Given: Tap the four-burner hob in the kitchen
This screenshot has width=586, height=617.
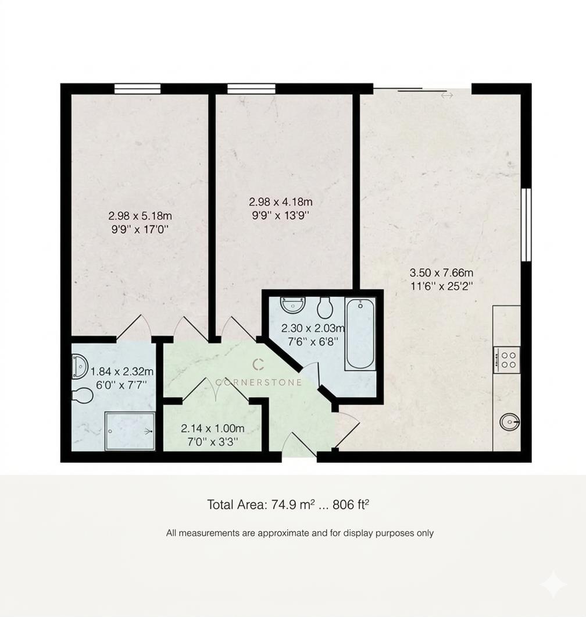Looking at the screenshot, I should pyautogui.click(x=506, y=359).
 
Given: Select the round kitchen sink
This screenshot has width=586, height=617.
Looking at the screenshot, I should pyautogui.click(x=510, y=421).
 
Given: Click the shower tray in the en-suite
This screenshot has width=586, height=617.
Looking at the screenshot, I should pyautogui.click(x=130, y=431).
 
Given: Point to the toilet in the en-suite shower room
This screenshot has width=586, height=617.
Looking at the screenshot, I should pyautogui.click(x=82, y=396).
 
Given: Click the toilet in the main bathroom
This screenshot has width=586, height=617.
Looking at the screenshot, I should pyautogui.click(x=324, y=306).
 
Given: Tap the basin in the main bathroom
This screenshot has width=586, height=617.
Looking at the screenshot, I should pyautogui.click(x=292, y=304).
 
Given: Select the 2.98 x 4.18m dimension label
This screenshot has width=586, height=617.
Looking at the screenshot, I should pyautogui.click(x=281, y=208).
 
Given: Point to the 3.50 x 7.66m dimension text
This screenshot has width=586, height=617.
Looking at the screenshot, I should pyautogui.click(x=441, y=279).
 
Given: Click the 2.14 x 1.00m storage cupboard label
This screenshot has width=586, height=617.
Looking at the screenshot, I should pyautogui.click(x=212, y=435).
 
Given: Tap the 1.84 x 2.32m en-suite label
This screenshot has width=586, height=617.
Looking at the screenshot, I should pyautogui.click(x=122, y=378).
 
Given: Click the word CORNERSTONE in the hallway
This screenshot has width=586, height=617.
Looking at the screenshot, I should pyautogui.click(x=259, y=382).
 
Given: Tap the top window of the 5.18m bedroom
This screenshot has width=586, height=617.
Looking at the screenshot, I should pyautogui.click(x=137, y=88).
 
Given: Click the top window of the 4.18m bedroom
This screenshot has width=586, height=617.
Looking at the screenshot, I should pyautogui.click(x=251, y=88).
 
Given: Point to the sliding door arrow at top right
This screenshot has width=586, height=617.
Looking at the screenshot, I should pyautogui.click(x=446, y=95).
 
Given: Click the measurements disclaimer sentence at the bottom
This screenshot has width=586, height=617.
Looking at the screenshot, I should pyautogui.click(x=299, y=533).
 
